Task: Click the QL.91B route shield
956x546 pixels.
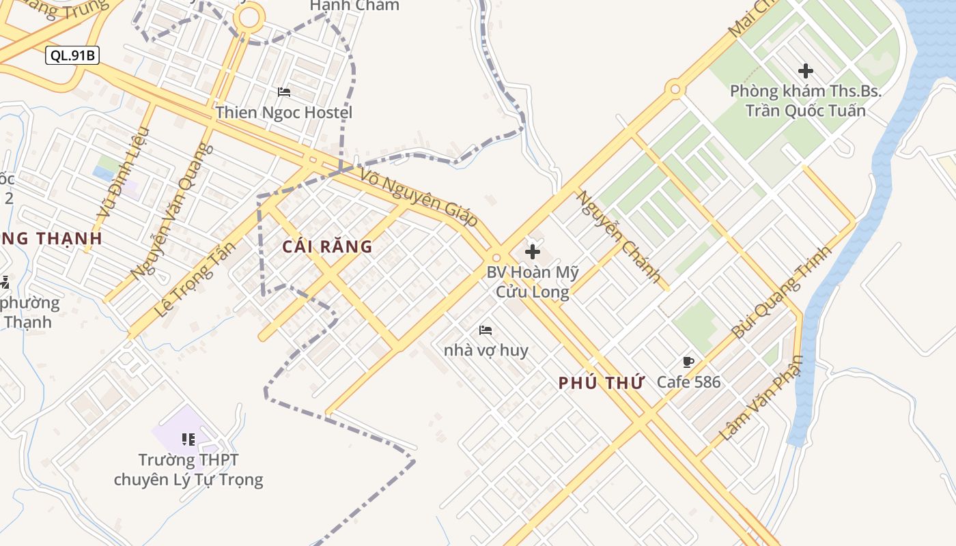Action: tap(72, 55)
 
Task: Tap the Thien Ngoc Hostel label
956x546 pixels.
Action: tap(284, 112)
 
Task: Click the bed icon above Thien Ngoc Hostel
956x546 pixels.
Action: tap(284, 92)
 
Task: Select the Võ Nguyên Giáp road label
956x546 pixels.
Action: tap(418, 199)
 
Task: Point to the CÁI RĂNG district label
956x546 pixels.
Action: tap(328, 246)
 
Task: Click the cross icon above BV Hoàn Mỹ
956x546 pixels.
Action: tap(533, 252)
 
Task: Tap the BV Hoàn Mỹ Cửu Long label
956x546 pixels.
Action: tap(533, 282)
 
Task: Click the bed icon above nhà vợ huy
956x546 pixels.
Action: tap(486, 330)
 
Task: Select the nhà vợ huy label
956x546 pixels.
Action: tap(486, 350)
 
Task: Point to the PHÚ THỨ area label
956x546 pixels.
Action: tap(602, 383)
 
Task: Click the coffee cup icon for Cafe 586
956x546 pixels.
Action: tap(688, 362)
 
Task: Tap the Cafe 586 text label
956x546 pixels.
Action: tap(688, 382)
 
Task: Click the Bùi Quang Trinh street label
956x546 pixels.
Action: tap(782, 291)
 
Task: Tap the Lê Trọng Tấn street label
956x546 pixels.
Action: tap(195, 280)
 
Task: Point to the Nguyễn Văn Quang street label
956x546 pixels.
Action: tap(168, 212)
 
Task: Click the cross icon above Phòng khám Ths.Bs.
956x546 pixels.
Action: tap(806, 70)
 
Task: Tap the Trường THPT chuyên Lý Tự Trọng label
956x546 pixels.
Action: tap(188, 470)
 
